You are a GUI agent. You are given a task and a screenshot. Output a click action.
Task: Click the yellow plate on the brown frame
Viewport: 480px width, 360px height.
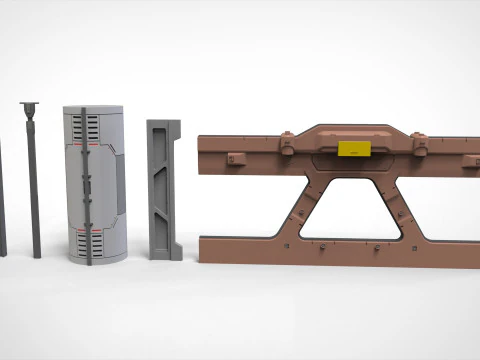click(x=353, y=149)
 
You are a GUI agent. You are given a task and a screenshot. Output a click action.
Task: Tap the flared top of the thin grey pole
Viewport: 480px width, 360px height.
click(x=28, y=107)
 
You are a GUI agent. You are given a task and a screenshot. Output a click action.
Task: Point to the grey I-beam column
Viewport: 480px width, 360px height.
click(x=164, y=190)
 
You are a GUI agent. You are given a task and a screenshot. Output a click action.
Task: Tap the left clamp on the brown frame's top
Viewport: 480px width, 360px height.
click(x=285, y=146)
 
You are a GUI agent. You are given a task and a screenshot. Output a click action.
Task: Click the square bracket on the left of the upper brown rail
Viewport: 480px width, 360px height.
click(x=237, y=158)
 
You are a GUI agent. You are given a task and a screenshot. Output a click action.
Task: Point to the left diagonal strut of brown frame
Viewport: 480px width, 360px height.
click(x=301, y=205)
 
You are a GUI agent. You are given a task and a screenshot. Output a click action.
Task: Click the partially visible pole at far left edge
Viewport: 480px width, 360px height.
click(x=2, y=200)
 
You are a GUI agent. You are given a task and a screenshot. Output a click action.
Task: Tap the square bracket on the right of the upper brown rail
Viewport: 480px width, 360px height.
click(x=468, y=160)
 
